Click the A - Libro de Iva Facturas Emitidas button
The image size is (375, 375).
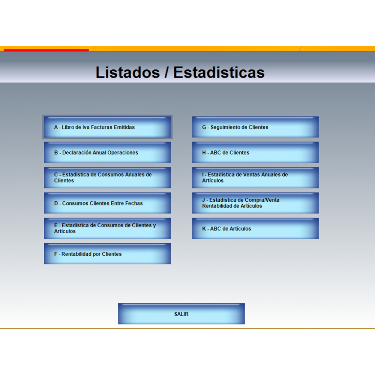pyautogui.click(x=107, y=127)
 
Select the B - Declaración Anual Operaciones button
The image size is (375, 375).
pyautogui.click(x=107, y=152)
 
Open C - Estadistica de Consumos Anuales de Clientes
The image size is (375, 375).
pyautogui.click(x=107, y=178)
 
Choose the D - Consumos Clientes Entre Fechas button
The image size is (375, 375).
pyautogui.click(x=107, y=203)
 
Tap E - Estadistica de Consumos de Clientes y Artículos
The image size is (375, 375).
pyautogui.click(x=107, y=228)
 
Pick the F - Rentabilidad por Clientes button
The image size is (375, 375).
pyautogui.click(x=107, y=254)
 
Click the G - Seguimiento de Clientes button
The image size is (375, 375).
pyautogui.click(x=255, y=127)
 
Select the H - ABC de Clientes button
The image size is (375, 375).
pyautogui.click(x=255, y=152)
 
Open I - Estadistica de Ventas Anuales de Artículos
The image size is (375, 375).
pyautogui.click(x=255, y=178)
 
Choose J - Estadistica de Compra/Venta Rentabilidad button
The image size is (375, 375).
pyautogui.click(x=255, y=203)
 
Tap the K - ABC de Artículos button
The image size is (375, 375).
pyautogui.click(x=255, y=228)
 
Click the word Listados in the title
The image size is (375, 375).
pyautogui.click(x=128, y=72)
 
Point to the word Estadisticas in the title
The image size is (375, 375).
pyautogui.click(x=219, y=72)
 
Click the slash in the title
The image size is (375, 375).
pyautogui.click(x=166, y=72)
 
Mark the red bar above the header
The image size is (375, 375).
pyautogui.click(x=46, y=50)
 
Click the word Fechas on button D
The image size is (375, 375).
pyautogui.click(x=134, y=203)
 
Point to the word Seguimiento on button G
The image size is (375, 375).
pyautogui.click(x=226, y=127)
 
